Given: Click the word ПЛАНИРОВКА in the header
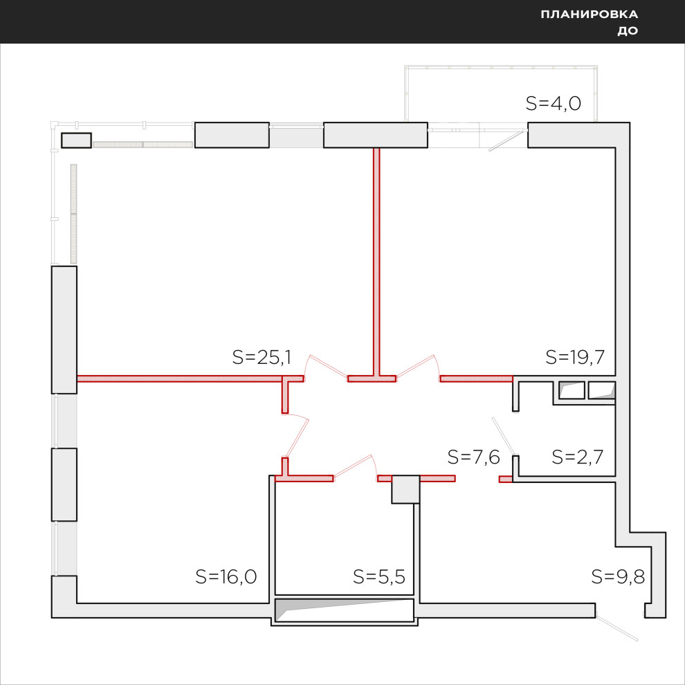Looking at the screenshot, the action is [x=590, y=15].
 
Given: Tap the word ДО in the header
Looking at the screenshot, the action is [x=628, y=30].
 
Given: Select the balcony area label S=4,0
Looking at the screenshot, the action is [x=553, y=104].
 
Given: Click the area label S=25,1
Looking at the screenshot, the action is [x=262, y=357].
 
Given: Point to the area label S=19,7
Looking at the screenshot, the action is [x=575, y=357].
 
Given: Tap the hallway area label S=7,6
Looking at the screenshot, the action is [x=473, y=457].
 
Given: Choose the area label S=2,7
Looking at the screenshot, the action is [x=578, y=457].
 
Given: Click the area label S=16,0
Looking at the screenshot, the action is [x=226, y=576].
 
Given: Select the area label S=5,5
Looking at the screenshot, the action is [x=378, y=576].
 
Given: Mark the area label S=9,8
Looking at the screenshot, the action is [x=618, y=576].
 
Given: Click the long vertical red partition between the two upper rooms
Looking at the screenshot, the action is [x=376, y=262].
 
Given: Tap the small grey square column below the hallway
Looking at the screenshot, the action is [x=405, y=489].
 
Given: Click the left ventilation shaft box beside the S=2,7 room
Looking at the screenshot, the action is [x=572, y=390].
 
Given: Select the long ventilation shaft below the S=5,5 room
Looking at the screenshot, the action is [x=345, y=610].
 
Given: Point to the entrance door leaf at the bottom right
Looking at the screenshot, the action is [x=617, y=628].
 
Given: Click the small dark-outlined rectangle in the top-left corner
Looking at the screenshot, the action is [x=76, y=140].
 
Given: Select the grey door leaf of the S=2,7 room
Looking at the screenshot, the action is [x=504, y=437].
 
